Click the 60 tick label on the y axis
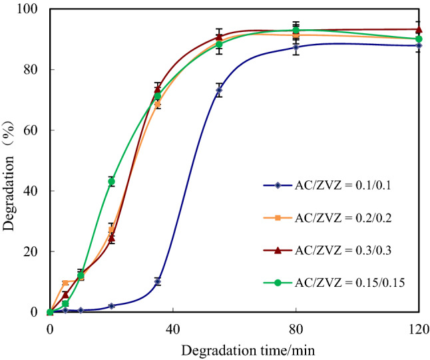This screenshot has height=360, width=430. pyautogui.click(x=32, y=130)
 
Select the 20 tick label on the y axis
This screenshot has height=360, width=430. pyautogui.click(x=32, y=252)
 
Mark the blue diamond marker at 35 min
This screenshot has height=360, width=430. pyautogui.click(x=157, y=281)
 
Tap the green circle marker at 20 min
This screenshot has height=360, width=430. pyautogui.click(x=111, y=181)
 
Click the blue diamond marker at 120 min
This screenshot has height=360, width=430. pyautogui.click(x=419, y=45)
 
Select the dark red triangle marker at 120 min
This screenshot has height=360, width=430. pyautogui.click(x=419, y=29)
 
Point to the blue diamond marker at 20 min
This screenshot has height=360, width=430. pyautogui.click(x=111, y=306)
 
